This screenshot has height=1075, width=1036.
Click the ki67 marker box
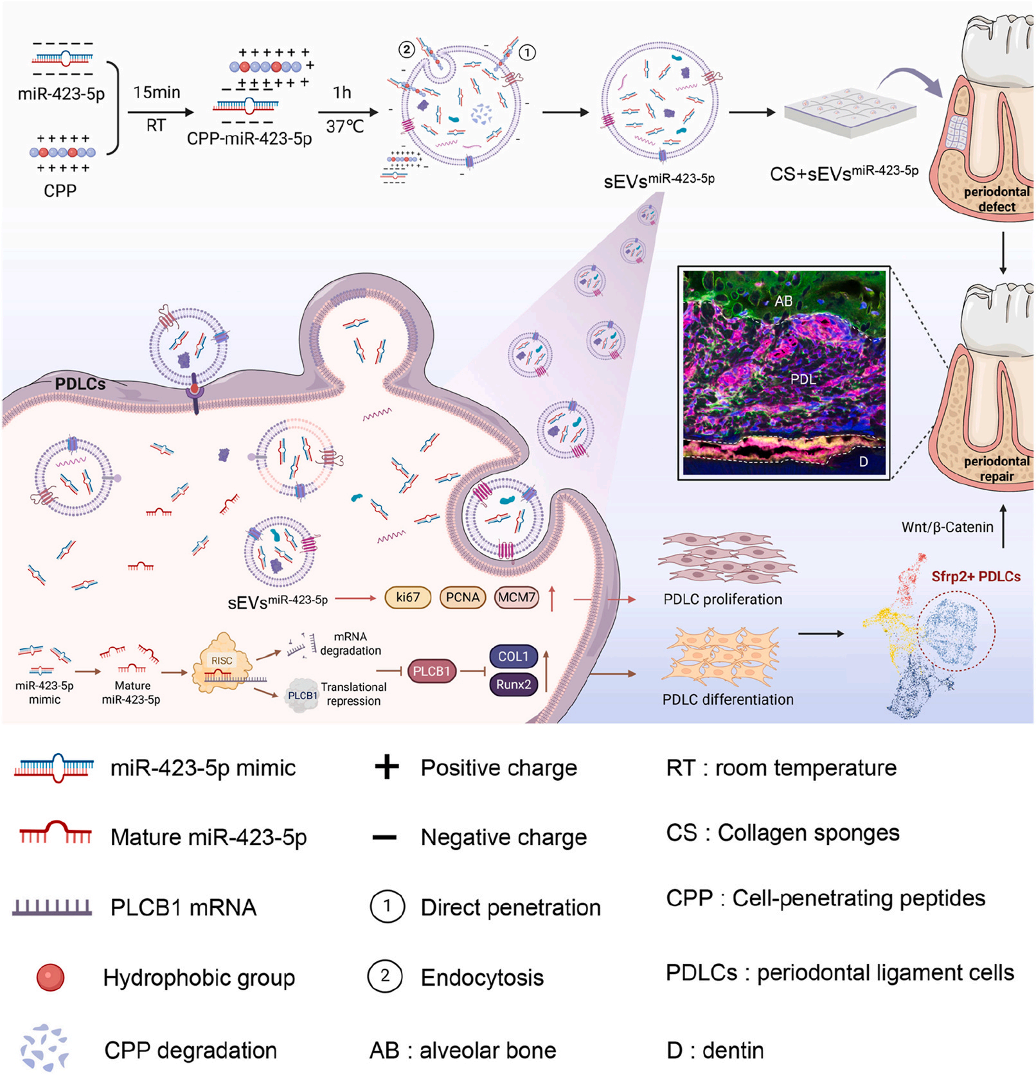(407, 598)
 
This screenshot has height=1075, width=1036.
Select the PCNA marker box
(463, 598)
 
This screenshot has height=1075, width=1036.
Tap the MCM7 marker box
(517, 598)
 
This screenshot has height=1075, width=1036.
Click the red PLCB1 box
(431, 671)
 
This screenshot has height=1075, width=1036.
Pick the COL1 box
(513, 657)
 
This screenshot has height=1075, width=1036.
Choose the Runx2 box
(513, 685)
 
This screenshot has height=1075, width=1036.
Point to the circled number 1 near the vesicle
(527, 53)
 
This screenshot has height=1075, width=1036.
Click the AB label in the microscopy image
(783, 301)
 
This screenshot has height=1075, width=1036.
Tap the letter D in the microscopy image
(863, 462)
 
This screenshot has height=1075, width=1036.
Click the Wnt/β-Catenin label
(947, 528)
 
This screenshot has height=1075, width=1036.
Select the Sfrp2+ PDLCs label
(976, 576)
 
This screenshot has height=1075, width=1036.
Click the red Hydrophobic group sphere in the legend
(50, 977)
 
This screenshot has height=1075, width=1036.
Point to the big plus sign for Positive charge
(387, 767)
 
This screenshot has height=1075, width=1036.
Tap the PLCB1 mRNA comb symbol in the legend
(52, 907)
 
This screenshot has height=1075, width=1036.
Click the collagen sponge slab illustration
(850, 112)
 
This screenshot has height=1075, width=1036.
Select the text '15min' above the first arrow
(157, 93)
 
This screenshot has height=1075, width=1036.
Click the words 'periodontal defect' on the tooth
(996, 199)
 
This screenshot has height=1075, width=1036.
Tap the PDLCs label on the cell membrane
(80, 384)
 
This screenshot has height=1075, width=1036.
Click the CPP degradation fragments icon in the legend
(44, 1048)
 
